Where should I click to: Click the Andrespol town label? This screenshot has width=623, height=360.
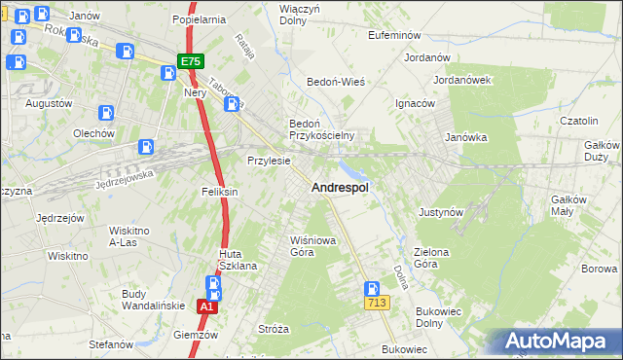click(x=339, y=189)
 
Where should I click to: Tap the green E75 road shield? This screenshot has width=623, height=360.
click(x=190, y=60)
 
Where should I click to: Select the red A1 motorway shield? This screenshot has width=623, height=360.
click(x=205, y=306)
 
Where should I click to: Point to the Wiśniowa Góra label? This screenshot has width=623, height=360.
click(x=312, y=244)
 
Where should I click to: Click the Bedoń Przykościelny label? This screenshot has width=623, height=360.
click(x=320, y=129)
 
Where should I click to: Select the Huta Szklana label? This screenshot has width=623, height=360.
click(x=236, y=261)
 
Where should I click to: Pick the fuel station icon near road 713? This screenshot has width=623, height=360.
click(x=371, y=288)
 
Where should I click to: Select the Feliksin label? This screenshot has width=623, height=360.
click(x=220, y=192)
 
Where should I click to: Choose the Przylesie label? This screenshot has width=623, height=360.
click(x=269, y=161)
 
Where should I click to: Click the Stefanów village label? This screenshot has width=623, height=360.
click(x=110, y=344)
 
